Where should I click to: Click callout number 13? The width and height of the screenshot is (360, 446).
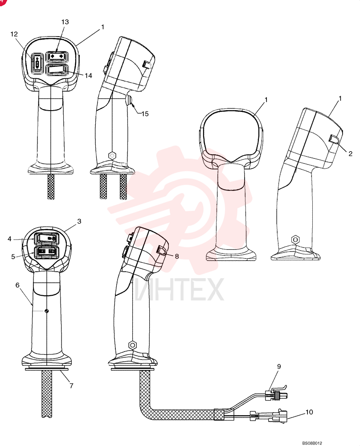[x=65, y=22]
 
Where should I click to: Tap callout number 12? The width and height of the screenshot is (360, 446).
[x=14, y=34]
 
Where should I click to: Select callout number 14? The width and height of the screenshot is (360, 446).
[x=88, y=75]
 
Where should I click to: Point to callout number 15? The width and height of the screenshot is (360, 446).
[x=145, y=114]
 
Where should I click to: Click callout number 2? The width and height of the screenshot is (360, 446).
[x=350, y=153]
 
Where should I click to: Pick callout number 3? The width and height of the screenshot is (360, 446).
[x=79, y=221]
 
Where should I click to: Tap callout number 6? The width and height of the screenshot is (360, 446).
[x=18, y=285]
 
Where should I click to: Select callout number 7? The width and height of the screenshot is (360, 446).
[x=71, y=385]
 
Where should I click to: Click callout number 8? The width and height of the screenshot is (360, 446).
[x=177, y=256]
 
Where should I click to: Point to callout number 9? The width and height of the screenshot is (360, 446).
[x=279, y=366]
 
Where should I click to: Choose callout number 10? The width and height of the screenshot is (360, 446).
[x=309, y=412]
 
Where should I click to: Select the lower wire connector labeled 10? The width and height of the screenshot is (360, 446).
[x=268, y=417]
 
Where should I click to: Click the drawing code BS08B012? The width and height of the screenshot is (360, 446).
[x=312, y=443]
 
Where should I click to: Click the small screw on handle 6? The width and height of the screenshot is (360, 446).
[x=47, y=311]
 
